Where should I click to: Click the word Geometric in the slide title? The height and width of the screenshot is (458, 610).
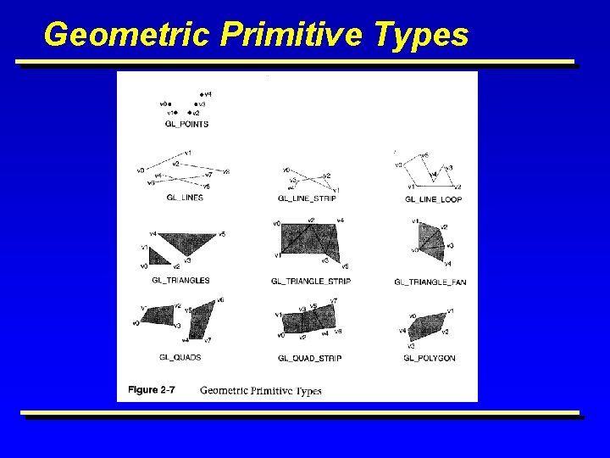[x=127, y=36]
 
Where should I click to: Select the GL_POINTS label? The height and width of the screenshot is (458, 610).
[x=186, y=124]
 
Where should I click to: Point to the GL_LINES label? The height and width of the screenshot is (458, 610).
[x=184, y=198]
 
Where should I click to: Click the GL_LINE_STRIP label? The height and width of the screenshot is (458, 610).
[x=307, y=198]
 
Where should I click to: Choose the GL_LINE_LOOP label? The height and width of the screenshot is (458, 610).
[x=433, y=199]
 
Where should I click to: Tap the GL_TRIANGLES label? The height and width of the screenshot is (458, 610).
[x=180, y=280]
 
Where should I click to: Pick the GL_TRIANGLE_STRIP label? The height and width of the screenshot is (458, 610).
[x=311, y=281]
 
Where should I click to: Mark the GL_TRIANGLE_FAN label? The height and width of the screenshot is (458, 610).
[x=430, y=282]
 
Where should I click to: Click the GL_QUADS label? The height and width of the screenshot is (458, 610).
[x=180, y=357]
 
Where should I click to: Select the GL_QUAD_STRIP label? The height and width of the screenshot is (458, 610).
[x=310, y=358]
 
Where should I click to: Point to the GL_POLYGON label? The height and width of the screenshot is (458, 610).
[x=430, y=358]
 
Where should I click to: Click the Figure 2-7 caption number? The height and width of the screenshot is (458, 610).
[x=152, y=390]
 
